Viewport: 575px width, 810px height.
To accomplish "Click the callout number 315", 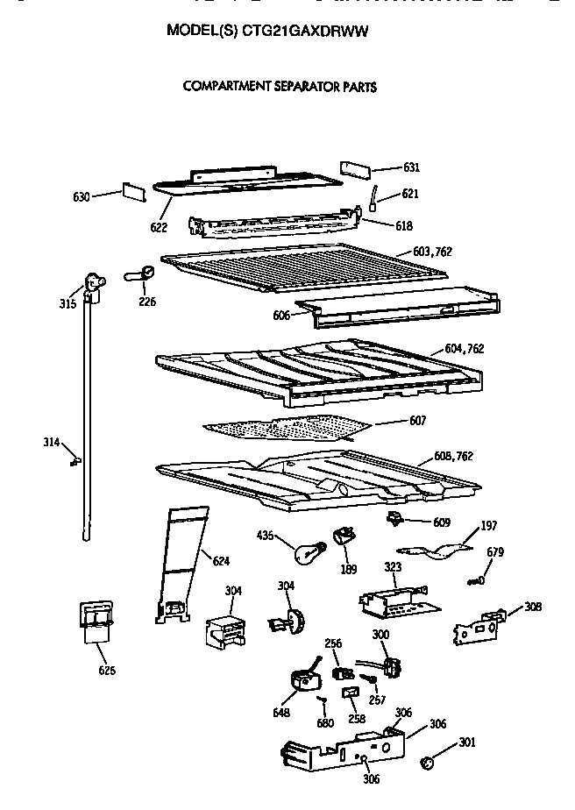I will click(68, 303).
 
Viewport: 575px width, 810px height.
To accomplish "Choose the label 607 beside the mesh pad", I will click(417, 421).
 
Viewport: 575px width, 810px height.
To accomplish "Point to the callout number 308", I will click(533, 606).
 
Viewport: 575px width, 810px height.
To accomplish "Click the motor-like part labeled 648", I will click(305, 681).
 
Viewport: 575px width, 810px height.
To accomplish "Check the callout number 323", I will click(393, 568).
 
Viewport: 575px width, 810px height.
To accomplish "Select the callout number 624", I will click(221, 561).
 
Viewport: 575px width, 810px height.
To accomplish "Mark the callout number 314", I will click(52, 442).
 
